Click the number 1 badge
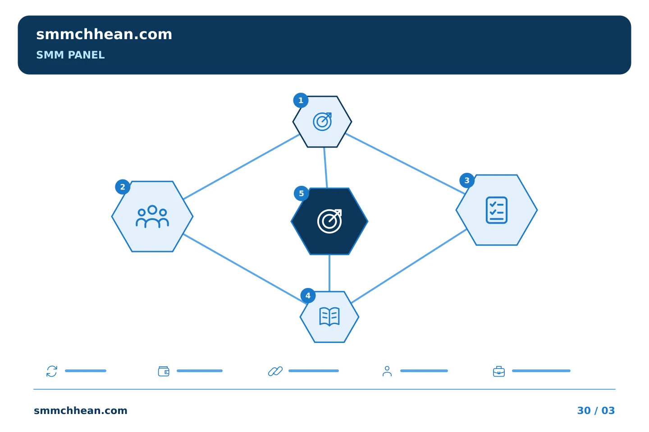pos(301,100)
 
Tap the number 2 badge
pos(123,187)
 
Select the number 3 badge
pos(467,180)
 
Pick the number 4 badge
pos(308,296)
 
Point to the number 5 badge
pos(302,193)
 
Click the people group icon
pos(152,216)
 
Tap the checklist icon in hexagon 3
pos(496,210)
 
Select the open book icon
pos(329,316)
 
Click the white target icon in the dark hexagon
pos(329,221)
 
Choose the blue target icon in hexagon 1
pos(322,121)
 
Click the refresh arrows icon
pos(52,371)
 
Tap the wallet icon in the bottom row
pos(164,371)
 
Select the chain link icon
pos(275,371)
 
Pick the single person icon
pos(387,371)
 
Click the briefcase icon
pos(498,371)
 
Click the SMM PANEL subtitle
pos(70,55)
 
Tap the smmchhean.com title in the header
pos(104,35)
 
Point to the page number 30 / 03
pos(596,410)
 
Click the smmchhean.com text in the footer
pos(81,410)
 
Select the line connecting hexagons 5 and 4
pos(329,273)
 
